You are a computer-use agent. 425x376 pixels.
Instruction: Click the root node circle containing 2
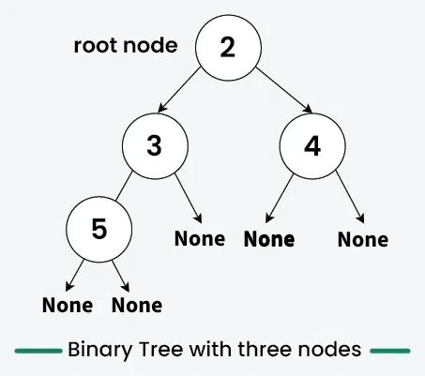(x=227, y=48)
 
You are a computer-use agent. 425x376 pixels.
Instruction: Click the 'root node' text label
(x=126, y=46)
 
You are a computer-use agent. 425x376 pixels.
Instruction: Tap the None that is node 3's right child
(x=200, y=238)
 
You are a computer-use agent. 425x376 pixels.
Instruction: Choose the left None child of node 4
(x=269, y=239)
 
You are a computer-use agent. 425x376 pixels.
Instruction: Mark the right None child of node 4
(x=362, y=239)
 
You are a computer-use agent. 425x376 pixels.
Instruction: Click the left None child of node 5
(x=68, y=306)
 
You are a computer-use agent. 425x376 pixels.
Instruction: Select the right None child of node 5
(x=137, y=306)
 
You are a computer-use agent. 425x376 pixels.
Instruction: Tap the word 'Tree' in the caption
(x=163, y=350)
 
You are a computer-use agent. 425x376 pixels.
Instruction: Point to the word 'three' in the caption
(x=260, y=350)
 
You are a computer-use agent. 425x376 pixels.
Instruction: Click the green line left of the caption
(x=38, y=351)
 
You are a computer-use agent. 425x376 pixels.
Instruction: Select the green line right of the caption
(x=390, y=351)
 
